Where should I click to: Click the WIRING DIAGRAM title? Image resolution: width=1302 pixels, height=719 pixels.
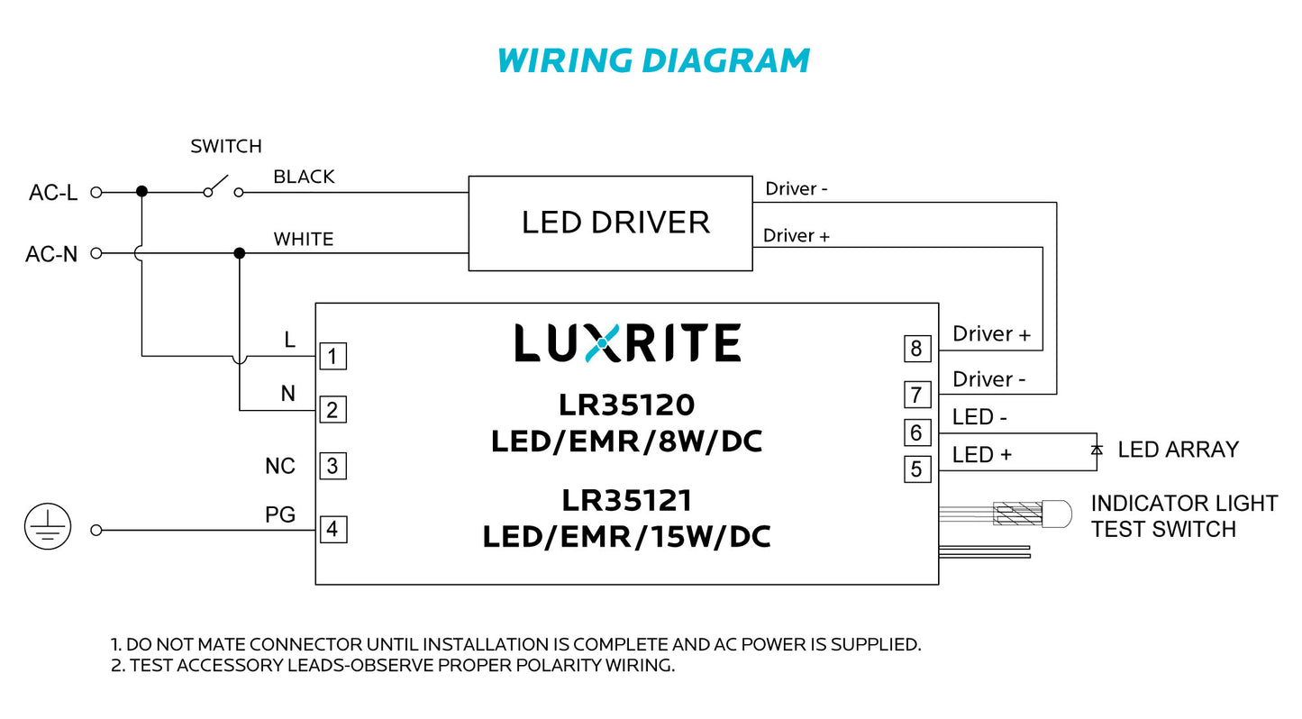click(652, 60)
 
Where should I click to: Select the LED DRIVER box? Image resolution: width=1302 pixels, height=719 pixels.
click(610, 223)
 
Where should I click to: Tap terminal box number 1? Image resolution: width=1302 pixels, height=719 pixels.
click(332, 357)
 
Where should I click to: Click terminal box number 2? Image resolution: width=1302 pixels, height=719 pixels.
click(332, 411)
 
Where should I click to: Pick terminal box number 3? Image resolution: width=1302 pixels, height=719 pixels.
click(332, 467)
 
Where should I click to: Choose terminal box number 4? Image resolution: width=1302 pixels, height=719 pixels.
click(332, 529)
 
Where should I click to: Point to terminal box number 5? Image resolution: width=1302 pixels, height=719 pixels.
click(916, 469)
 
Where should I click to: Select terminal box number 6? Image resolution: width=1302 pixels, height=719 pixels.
click(916, 433)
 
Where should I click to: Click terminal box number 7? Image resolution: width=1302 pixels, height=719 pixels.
click(916, 395)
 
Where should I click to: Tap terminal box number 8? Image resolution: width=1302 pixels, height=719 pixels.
click(916, 349)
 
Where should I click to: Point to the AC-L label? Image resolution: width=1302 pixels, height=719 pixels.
click(52, 193)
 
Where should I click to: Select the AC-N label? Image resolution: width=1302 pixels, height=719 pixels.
click(51, 255)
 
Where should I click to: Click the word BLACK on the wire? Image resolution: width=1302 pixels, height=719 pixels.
click(304, 177)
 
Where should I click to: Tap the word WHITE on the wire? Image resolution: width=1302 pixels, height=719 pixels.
click(304, 240)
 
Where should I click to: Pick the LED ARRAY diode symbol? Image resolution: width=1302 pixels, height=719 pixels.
click(1096, 450)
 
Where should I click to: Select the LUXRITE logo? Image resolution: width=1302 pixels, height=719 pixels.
click(627, 343)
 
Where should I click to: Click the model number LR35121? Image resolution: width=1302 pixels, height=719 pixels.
click(627, 500)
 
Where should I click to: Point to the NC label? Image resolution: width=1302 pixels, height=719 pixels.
click(279, 467)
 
